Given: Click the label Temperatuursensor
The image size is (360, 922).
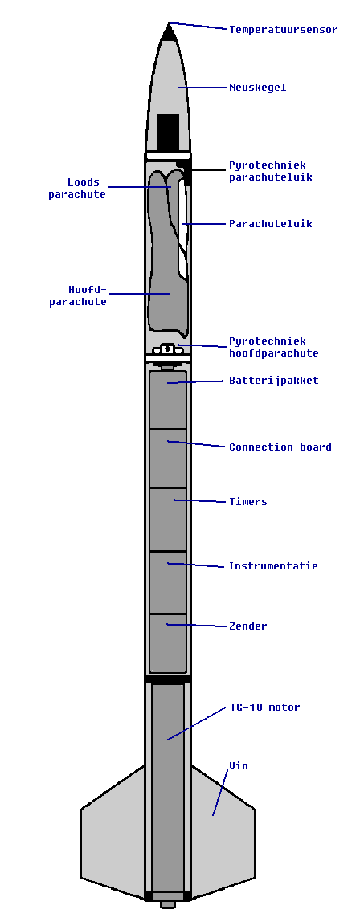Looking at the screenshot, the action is [x=283, y=30].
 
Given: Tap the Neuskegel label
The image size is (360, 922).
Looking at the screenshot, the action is [x=258, y=88].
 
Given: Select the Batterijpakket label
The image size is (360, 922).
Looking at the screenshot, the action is [x=273, y=381].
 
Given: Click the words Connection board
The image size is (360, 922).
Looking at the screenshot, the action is [x=280, y=447].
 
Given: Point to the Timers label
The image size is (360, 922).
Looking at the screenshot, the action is [x=247, y=502].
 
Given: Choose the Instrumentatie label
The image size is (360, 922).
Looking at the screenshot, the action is [x=273, y=565].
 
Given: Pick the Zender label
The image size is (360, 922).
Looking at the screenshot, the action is [x=247, y=626].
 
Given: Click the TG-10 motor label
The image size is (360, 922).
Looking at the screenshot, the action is [x=264, y=708].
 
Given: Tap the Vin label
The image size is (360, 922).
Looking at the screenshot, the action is [x=238, y=765].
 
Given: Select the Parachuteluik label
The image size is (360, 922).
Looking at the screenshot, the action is [x=270, y=224].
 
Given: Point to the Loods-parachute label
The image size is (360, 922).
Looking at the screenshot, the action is [x=77, y=188].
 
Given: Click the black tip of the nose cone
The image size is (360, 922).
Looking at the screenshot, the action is [x=169, y=33].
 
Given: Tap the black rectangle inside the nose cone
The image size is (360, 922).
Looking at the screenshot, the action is [x=168, y=132].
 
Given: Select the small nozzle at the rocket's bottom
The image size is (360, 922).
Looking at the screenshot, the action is [x=168, y=904].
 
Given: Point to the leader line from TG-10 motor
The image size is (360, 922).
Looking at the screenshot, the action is [x=196, y=724].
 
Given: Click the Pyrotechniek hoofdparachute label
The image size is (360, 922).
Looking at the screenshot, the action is [x=273, y=348].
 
